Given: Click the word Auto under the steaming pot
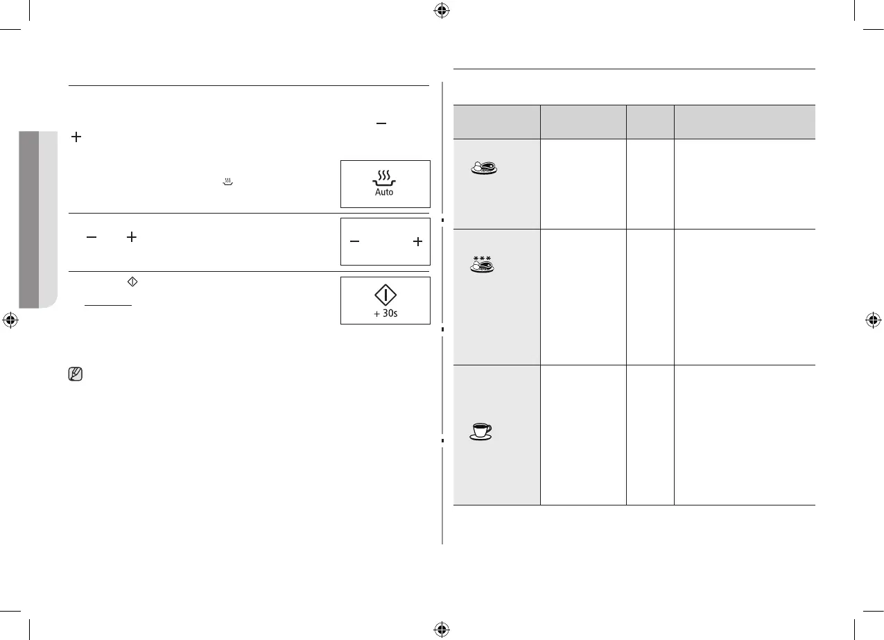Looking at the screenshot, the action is click(x=384, y=192).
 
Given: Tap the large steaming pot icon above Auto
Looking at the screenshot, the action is click(x=384, y=177).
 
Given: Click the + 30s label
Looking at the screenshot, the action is click(x=385, y=313).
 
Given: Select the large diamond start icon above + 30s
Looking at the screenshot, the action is click(x=385, y=295).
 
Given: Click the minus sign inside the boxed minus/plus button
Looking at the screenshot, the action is click(x=354, y=241).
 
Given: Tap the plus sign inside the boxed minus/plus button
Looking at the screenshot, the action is click(x=417, y=241).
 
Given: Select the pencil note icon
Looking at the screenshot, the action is click(x=76, y=375).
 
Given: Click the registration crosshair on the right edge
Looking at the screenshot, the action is click(x=873, y=320).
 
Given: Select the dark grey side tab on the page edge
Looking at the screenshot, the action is click(x=28, y=218).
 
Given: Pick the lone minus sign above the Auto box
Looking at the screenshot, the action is click(x=380, y=123).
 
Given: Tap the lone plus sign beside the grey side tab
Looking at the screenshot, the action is click(x=76, y=139).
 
